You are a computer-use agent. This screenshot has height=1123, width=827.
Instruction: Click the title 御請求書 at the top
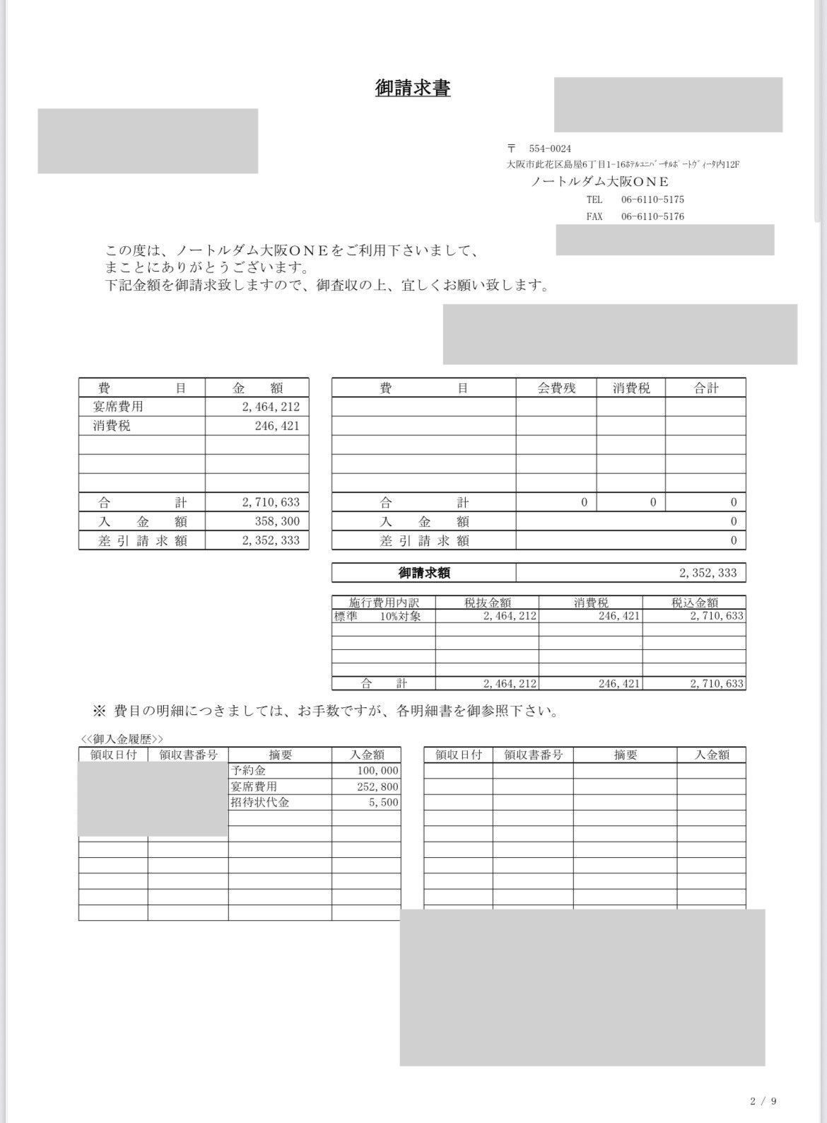[x=413, y=88]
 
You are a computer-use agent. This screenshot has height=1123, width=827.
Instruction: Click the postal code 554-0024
[x=550, y=149]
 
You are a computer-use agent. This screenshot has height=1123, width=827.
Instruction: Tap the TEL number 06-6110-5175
[x=652, y=199]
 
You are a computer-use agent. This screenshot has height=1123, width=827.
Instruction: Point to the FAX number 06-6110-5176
[x=652, y=216]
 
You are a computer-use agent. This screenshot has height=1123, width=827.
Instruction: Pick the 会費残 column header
[x=556, y=388]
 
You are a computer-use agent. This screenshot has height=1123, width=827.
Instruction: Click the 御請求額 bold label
[x=424, y=573]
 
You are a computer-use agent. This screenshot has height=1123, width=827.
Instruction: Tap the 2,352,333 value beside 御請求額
[x=708, y=573]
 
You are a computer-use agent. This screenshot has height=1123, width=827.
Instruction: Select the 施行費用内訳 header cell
[x=384, y=603]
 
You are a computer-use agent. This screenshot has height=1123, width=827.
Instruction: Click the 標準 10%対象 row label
[x=377, y=616]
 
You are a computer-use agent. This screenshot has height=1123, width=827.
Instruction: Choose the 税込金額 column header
[x=694, y=603]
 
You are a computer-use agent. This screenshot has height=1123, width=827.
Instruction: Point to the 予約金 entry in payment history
[x=248, y=771]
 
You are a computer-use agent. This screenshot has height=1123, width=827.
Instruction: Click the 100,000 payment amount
[x=378, y=771]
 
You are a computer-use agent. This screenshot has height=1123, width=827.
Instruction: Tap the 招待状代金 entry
[x=259, y=803]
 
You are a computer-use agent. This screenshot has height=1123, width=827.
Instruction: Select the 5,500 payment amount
[x=384, y=803]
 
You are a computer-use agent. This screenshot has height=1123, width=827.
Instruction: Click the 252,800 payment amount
[x=378, y=787]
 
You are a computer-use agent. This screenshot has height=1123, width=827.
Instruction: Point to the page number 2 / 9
[x=764, y=1101]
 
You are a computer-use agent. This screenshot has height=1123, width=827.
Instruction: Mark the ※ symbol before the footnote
[x=99, y=711]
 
